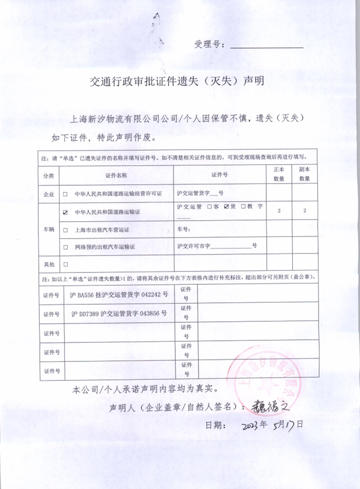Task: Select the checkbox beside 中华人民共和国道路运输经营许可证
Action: [65, 194]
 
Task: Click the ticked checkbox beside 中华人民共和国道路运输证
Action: [65, 211]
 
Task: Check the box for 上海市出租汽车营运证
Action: [65, 229]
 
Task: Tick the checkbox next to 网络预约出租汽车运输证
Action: [65, 247]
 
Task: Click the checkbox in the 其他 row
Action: [65, 264]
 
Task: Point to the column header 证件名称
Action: [116, 175]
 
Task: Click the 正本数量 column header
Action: [279, 174]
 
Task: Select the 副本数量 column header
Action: [305, 174]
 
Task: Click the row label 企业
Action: [49, 194]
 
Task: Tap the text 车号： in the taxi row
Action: [183, 229]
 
